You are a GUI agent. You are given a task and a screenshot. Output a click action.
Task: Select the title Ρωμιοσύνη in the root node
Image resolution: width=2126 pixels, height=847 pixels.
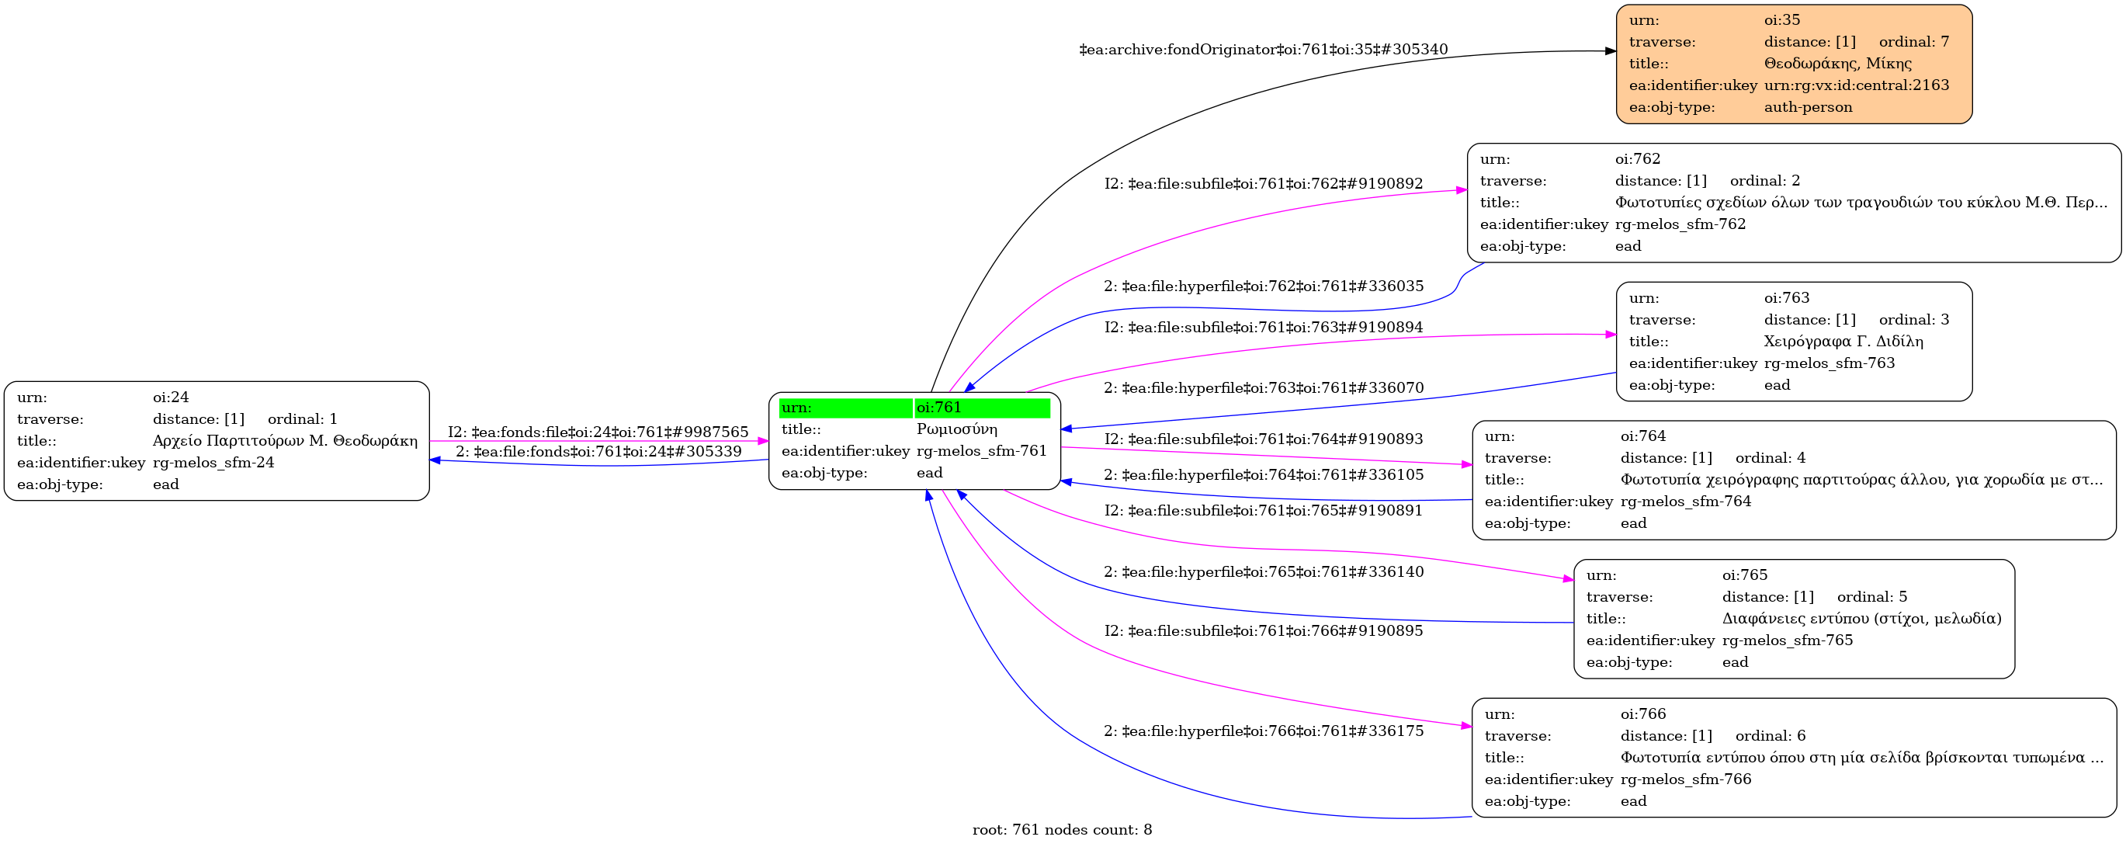tap(956, 429)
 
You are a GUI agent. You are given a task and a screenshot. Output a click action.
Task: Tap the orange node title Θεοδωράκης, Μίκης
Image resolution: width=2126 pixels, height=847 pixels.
tap(1837, 64)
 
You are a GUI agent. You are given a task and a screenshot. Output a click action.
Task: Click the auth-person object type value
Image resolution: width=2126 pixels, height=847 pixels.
tap(1808, 107)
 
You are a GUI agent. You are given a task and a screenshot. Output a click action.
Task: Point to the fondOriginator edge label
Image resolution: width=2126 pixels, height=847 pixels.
tap(1263, 50)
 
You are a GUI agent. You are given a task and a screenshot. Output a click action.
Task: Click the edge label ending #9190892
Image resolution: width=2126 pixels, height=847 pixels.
tap(1263, 183)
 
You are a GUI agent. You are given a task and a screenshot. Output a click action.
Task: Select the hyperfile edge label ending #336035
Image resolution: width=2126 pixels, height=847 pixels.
tap(1263, 286)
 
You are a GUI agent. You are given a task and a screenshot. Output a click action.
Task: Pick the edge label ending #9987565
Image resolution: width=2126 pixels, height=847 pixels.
tap(598, 432)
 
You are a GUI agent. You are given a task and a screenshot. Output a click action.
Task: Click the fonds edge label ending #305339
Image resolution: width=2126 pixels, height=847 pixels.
tap(598, 452)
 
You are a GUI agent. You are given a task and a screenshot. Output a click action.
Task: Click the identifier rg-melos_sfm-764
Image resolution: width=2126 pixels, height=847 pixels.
tap(1685, 501)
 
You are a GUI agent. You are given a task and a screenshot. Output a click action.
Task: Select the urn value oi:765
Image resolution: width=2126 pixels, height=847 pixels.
tap(1744, 575)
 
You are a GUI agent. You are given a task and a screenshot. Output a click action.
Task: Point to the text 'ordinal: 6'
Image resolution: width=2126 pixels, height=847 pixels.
tap(1771, 735)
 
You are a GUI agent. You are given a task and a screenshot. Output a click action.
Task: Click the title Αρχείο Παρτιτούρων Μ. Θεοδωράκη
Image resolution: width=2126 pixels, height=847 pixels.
tap(285, 441)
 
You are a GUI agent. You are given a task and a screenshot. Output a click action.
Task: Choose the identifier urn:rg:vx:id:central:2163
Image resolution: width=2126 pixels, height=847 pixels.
tap(1856, 85)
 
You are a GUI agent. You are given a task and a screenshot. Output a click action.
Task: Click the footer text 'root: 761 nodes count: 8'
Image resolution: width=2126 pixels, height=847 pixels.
tap(1061, 830)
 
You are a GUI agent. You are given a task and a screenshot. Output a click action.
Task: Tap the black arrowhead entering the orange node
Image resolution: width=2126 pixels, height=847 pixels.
tap(1610, 51)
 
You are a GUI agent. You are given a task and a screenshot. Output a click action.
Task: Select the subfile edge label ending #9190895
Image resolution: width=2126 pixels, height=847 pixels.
tap(1263, 630)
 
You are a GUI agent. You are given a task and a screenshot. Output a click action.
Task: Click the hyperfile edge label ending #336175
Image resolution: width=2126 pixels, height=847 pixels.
tap(1263, 731)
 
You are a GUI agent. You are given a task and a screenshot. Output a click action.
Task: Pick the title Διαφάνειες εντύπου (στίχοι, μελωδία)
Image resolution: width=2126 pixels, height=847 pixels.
tap(1861, 618)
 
